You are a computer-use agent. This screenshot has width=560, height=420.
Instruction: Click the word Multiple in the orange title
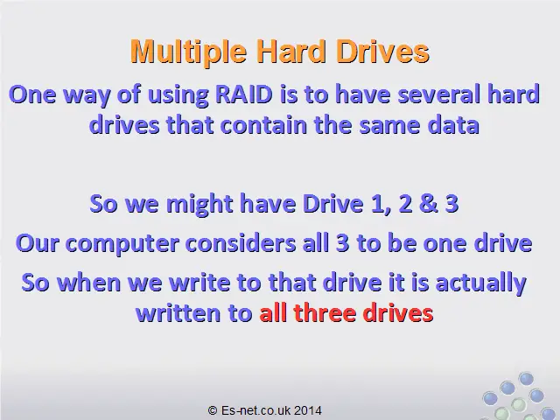tap(189, 52)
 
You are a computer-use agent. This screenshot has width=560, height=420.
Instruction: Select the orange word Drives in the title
tap(382, 52)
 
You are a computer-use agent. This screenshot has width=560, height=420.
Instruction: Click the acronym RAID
tap(244, 94)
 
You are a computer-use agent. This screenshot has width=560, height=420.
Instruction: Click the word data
tap(453, 125)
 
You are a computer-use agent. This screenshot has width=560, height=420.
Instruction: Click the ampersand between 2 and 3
tap(429, 204)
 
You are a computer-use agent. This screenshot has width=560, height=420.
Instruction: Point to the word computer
tap(122, 244)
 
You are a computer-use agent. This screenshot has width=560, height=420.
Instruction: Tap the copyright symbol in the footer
tap(213, 410)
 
